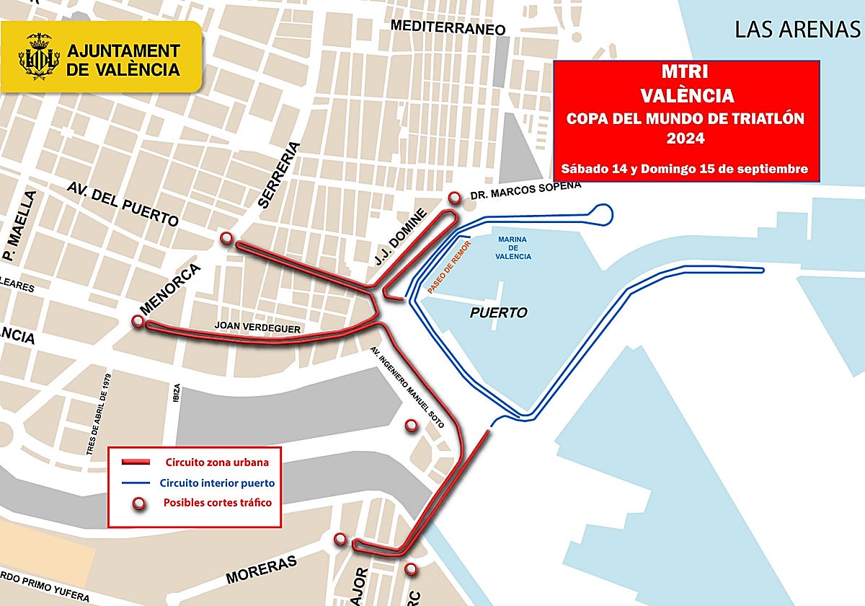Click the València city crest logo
pos(37,57)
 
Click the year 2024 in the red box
pos(686,137)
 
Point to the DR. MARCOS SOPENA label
pos(525,190)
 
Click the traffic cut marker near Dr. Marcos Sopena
pos(454,198)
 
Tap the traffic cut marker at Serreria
pos(226,238)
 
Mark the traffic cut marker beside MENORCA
pos(138,321)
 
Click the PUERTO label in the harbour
pos(499,313)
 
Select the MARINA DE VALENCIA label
pos(513,247)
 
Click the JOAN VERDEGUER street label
pos(257,328)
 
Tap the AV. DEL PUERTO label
pos(123,203)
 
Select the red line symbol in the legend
pos(135,462)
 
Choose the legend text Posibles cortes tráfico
pos(218,503)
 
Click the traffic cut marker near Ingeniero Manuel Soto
pos(411,426)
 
